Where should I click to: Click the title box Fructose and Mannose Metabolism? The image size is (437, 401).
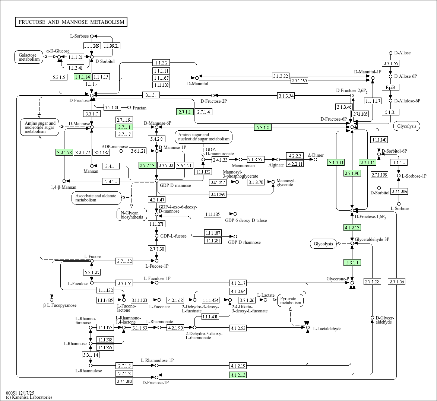pyautogui.click(x=71, y=22)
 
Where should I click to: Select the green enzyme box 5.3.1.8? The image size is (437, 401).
pyautogui.click(x=263, y=127)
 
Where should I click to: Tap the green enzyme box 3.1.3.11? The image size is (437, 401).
pyautogui.click(x=336, y=162)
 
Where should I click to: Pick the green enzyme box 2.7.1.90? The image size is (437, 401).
pyautogui.click(x=352, y=173)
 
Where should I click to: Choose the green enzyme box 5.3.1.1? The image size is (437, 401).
pyautogui.click(x=352, y=263)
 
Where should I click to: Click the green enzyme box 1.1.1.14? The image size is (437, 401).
pyautogui.click(x=82, y=77)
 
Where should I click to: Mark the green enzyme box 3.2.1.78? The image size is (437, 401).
pyautogui.click(x=64, y=152)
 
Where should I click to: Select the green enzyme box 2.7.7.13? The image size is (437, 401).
pyautogui.click(x=147, y=165)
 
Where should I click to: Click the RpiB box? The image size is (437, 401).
pyautogui.click(x=390, y=87)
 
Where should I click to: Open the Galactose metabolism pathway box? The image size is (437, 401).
pyautogui.click(x=29, y=57)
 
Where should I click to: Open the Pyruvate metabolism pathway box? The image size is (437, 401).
pyautogui.click(x=291, y=300)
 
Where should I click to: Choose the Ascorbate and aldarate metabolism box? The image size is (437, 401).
pyautogui.click(x=96, y=198)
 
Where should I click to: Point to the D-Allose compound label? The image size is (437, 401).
pyautogui.click(x=402, y=53)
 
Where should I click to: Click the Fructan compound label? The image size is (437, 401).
pyautogui.click(x=139, y=108)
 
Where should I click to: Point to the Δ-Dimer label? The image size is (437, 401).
pyautogui.click(x=316, y=155)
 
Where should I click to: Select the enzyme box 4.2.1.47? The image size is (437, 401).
pyautogui.click(x=156, y=200)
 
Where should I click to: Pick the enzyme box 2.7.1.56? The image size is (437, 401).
pyautogui.click(x=396, y=281)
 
